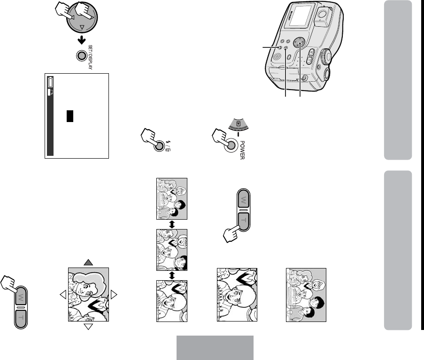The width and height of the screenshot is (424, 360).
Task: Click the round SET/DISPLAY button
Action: pyautogui.click(x=81, y=56)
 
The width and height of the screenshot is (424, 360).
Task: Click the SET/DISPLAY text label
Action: pyautogui.click(x=90, y=57)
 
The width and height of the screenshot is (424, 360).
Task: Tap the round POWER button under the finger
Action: pyautogui.click(x=231, y=145)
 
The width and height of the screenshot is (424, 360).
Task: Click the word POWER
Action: pyautogui.click(x=242, y=150)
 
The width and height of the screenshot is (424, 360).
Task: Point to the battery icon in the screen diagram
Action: pyautogui.click(x=50, y=82)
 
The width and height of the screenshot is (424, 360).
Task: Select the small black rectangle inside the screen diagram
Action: pyautogui.click(x=70, y=116)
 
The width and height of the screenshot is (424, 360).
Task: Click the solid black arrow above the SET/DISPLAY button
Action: pyautogui.click(x=81, y=40)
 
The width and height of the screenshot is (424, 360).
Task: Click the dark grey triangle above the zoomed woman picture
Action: pyautogui.click(x=88, y=262)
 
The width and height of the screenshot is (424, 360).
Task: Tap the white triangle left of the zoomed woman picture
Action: pyautogui.click(x=63, y=295)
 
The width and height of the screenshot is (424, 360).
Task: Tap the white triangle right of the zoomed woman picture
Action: pyautogui.click(x=114, y=295)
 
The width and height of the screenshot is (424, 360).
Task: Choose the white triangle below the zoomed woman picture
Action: pyautogui.click(x=88, y=327)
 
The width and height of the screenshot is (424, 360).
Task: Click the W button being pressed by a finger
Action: pyautogui.click(x=21, y=297)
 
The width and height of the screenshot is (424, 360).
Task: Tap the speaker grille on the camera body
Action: pyautogui.click(x=277, y=56)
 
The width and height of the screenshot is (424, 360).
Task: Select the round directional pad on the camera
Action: pyautogui.click(x=299, y=43)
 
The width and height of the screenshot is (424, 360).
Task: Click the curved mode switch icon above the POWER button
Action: pyautogui.click(x=238, y=124)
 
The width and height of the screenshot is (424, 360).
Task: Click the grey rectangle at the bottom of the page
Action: pyautogui.click(x=215, y=348)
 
